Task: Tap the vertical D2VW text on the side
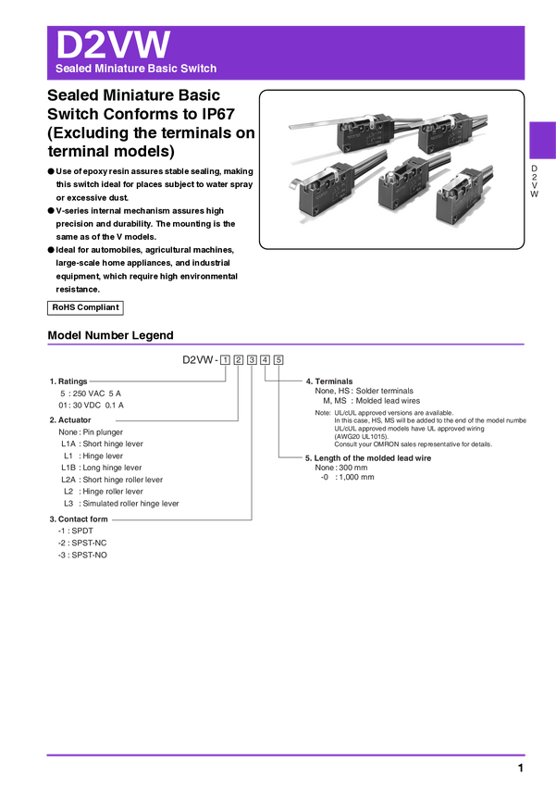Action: pos(534,181)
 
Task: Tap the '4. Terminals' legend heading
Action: pos(329,381)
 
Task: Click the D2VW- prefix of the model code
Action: pos(199,360)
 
